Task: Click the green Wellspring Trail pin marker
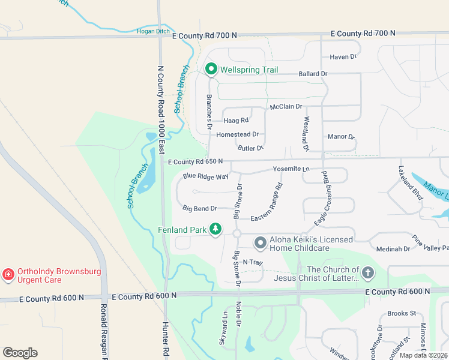point(211,70)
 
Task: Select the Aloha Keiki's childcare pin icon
point(260,243)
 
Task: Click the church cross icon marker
point(367,273)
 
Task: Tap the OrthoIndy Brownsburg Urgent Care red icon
point(8,275)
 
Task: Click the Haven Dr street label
point(343,57)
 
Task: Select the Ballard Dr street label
point(313,74)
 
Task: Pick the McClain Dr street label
point(286,107)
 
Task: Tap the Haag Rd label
point(237,121)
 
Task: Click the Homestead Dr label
point(237,134)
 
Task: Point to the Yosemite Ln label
point(291,170)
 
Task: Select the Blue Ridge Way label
point(206,177)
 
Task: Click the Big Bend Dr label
point(199,209)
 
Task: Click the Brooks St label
point(402,313)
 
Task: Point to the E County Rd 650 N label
point(195,161)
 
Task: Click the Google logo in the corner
point(20,353)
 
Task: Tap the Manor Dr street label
point(341,137)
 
